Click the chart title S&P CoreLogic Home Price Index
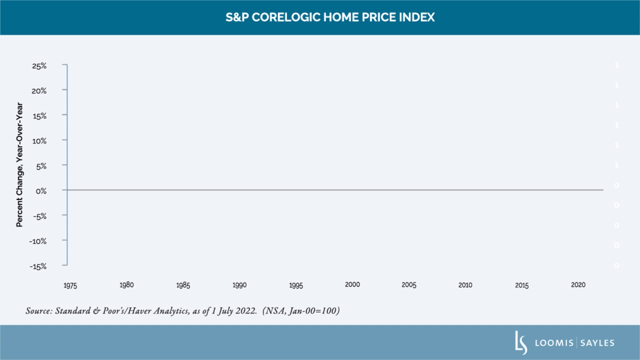330,17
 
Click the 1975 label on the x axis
70,285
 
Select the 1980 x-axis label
126,285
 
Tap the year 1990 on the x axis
239,285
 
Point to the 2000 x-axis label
352,284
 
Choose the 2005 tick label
409,285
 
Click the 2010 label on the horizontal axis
465,285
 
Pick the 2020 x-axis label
578,285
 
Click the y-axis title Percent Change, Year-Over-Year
19,164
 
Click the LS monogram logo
521,342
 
